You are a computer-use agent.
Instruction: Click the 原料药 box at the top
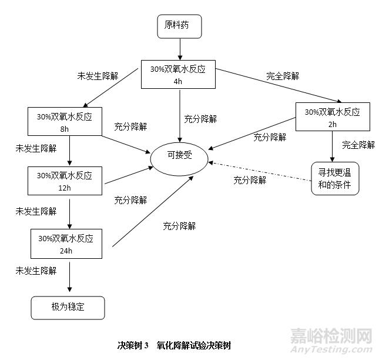(179, 26)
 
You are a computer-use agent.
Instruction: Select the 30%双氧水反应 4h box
(178, 74)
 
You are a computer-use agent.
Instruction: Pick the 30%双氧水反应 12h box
(65, 181)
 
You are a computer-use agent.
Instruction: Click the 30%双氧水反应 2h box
(332, 117)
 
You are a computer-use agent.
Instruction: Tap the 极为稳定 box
(68, 307)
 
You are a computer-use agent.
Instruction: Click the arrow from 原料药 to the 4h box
(179, 48)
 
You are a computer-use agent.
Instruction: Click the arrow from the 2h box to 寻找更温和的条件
(333, 145)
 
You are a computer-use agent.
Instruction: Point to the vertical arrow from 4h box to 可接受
(179, 116)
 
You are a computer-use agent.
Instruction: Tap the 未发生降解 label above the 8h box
(98, 76)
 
